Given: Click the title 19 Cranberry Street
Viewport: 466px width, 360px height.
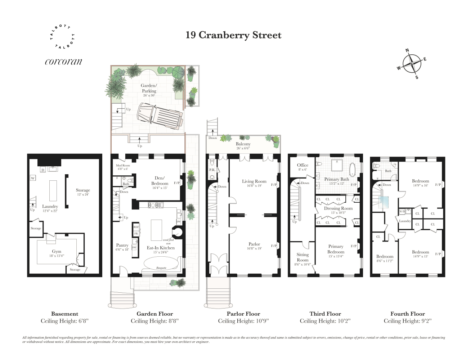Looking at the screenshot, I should click(233, 35).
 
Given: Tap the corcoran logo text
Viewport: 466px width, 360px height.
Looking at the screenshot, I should click(63, 62).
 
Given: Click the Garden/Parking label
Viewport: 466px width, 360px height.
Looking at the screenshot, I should click(149, 88).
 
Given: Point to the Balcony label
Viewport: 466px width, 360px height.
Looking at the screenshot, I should click(243, 144).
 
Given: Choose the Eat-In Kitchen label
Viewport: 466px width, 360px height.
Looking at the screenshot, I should click(161, 248).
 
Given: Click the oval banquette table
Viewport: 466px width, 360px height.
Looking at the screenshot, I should click(161, 263).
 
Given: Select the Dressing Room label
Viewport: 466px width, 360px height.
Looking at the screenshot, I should click(338, 208).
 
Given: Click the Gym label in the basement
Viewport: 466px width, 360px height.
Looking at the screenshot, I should click(57, 251).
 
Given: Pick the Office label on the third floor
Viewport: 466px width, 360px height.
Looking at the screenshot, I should click(303, 165).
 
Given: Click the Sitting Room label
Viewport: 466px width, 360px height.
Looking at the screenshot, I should click(303, 257).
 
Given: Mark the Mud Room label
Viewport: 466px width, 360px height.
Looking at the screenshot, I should click(123, 166).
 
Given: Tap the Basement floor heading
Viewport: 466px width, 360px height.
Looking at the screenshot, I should click(64, 314).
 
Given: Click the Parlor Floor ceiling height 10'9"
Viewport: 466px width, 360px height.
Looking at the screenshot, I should click(243, 321).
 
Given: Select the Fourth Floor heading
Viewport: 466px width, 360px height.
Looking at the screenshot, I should click(408, 314).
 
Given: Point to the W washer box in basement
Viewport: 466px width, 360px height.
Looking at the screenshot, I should click(33, 178).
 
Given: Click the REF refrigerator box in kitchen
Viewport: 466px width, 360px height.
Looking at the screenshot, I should click(136, 227).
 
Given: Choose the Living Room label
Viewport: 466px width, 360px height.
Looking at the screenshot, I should click(254, 181).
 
